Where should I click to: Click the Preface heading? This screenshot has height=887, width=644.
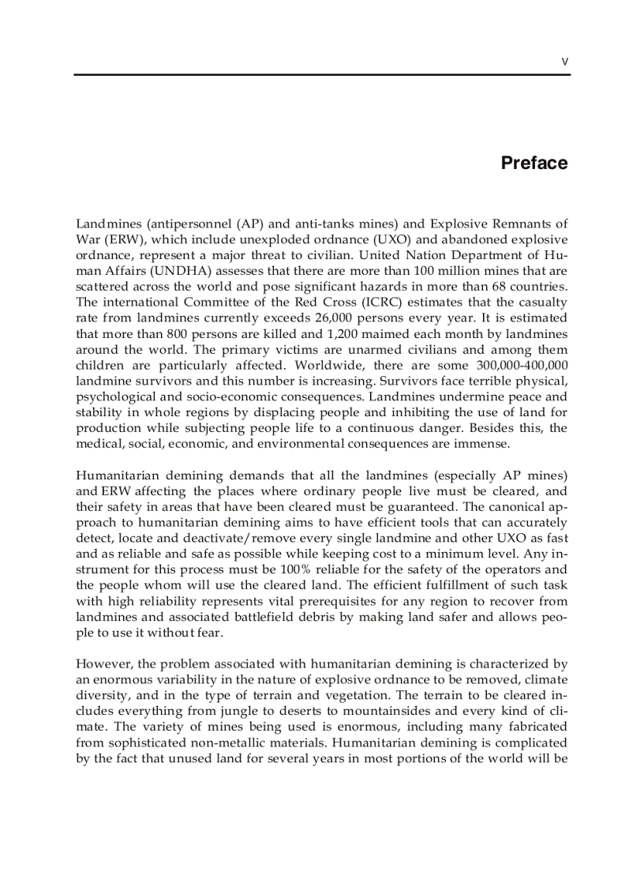(534, 163)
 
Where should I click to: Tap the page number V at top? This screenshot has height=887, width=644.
(564, 62)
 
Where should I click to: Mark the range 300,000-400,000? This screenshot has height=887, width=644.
(522, 365)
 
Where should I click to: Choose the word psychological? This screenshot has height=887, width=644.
(113, 397)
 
